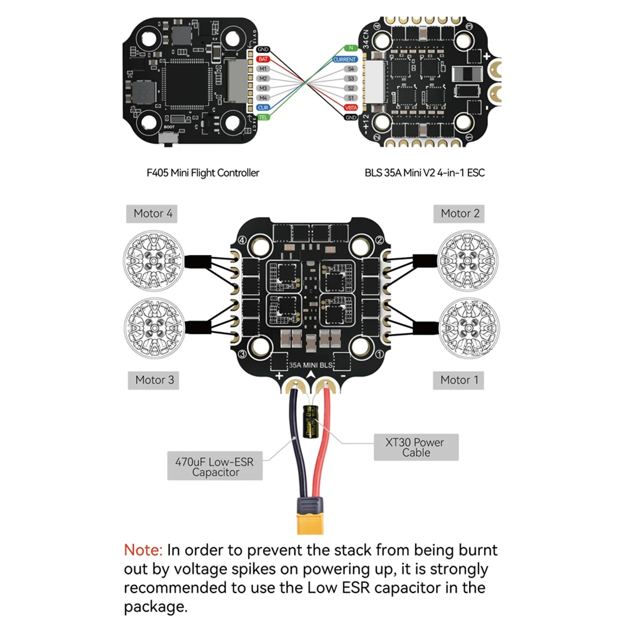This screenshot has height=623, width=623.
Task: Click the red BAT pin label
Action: (x=263, y=59)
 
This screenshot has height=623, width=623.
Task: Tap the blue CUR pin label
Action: (x=263, y=107)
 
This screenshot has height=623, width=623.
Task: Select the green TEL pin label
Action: (x=263, y=117)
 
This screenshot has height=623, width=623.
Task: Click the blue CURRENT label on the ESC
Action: (x=345, y=60)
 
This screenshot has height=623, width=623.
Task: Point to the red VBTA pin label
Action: (x=351, y=107)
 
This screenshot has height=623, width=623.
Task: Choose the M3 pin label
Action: (x=263, y=88)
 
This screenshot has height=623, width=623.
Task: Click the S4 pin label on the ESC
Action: (x=351, y=69)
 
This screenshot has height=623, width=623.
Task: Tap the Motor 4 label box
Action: (x=152, y=213)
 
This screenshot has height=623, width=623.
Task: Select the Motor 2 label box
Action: (x=460, y=213)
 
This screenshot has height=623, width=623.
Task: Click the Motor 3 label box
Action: (x=154, y=380)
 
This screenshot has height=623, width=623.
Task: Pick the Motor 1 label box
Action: (x=459, y=380)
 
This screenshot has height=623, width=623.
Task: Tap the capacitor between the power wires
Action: (x=310, y=421)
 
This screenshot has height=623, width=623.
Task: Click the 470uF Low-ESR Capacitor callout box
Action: (x=214, y=466)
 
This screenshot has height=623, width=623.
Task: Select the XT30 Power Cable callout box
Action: (x=416, y=447)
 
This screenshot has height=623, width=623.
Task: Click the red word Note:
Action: (x=143, y=550)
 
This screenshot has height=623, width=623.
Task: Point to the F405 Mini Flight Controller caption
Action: (x=202, y=173)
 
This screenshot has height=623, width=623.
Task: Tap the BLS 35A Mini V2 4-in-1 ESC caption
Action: (x=424, y=173)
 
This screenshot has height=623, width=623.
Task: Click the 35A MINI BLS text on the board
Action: (x=310, y=365)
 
